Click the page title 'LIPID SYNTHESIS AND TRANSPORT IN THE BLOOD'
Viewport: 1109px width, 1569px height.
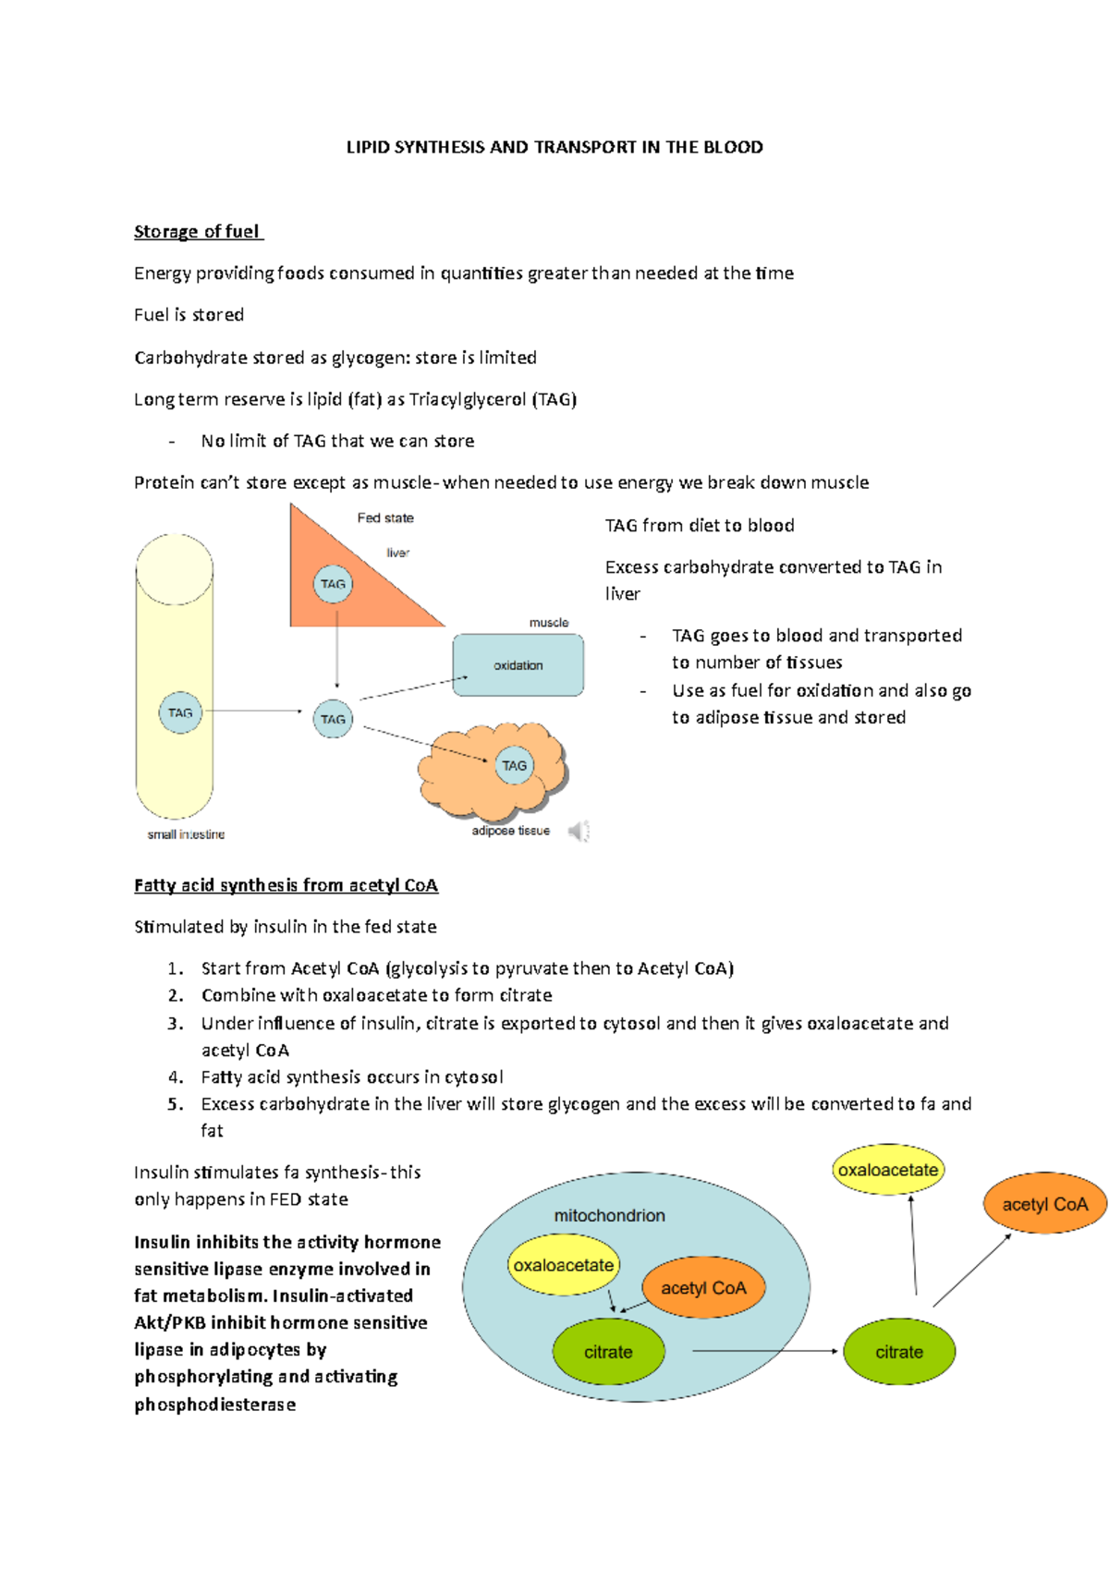554,147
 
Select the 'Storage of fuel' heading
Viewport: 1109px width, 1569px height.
197,232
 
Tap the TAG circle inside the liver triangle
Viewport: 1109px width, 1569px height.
333,584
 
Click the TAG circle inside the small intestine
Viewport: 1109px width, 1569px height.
180,713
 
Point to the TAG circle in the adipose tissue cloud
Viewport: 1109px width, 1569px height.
514,765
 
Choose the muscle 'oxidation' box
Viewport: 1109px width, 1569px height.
518,665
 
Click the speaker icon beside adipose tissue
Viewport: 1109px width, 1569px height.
579,832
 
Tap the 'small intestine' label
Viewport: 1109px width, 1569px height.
186,834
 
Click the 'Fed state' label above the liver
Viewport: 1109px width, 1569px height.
385,517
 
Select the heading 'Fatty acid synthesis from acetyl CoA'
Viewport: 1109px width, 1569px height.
286,885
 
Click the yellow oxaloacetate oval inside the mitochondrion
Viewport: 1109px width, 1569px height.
563,1265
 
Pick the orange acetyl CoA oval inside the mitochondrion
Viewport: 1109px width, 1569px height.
703,1288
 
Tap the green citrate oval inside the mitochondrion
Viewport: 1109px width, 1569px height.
608,1352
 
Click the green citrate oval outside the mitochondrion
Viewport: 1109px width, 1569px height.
899,1352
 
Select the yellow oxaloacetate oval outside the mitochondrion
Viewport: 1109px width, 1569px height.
888,1170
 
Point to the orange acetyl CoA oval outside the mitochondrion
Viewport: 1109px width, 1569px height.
1045,1204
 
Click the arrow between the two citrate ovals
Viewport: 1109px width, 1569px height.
765,1351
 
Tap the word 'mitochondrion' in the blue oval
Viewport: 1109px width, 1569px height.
609,1215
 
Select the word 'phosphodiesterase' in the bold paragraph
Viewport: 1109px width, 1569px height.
215,1405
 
